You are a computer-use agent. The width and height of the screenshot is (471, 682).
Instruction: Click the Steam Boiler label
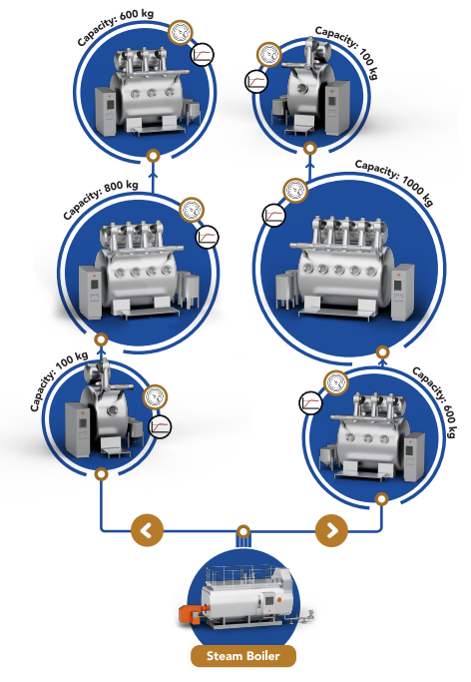(243, 656)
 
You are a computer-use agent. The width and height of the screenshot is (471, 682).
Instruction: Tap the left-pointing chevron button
(148, 530)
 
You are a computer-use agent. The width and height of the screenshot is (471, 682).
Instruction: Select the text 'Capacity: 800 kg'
(101, 198)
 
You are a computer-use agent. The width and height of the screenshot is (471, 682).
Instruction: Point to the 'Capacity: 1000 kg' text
(394, 181)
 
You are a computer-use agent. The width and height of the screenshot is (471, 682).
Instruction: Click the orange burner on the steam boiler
(191, 614)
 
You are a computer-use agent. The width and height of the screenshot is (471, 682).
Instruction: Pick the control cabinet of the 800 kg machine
(90, 292)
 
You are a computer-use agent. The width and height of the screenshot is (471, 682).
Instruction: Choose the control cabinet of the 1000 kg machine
(402, 292)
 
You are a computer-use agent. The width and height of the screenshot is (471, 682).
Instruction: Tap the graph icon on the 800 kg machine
(207, 237)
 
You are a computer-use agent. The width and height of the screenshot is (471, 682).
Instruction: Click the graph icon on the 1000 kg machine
(273, 216)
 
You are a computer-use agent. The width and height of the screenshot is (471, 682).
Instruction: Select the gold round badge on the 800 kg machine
(192, 210)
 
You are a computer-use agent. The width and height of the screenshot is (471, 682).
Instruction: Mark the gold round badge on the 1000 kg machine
(296, 191)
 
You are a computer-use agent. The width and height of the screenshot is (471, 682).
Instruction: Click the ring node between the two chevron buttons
(243, 531)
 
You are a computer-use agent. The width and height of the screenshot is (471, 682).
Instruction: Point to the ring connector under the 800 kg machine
(101, 340)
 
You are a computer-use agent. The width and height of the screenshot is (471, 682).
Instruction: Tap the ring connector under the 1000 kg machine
(382, 351)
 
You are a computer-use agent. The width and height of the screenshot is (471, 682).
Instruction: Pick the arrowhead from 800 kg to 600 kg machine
(153, 175)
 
